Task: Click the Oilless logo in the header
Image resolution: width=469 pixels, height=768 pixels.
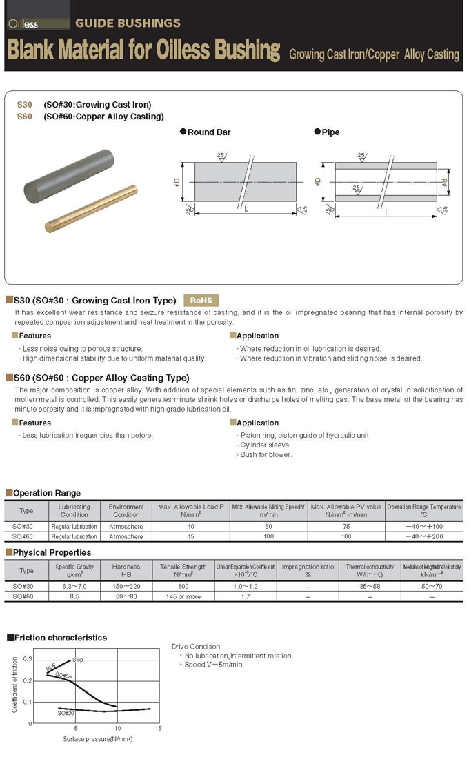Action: point(24,23)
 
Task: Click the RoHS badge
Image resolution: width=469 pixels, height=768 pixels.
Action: point(201,300)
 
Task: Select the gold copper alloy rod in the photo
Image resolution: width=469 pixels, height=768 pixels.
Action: point(91,208)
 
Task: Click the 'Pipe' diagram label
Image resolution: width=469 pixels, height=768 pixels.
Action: point(330,132)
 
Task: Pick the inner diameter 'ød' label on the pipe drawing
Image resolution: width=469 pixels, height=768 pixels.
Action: point(445,182)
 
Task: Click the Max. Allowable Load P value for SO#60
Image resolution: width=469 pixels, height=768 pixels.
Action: point(191,536)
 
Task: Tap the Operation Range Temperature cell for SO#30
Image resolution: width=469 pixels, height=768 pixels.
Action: point(423,527)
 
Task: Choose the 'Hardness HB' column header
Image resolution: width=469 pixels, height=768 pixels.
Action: point(126,570)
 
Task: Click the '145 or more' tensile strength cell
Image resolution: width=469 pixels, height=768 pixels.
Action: point(183,596)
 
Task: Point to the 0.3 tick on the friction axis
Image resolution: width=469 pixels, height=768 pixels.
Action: point(28,659)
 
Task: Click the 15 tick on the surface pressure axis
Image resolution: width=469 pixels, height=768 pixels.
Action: point(158,729)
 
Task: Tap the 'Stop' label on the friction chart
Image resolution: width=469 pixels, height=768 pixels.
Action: point(78,660)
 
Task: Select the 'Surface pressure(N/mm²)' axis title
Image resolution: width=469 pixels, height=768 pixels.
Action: point(97,739)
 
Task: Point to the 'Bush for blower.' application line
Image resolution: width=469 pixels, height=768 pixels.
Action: point(266,454)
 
